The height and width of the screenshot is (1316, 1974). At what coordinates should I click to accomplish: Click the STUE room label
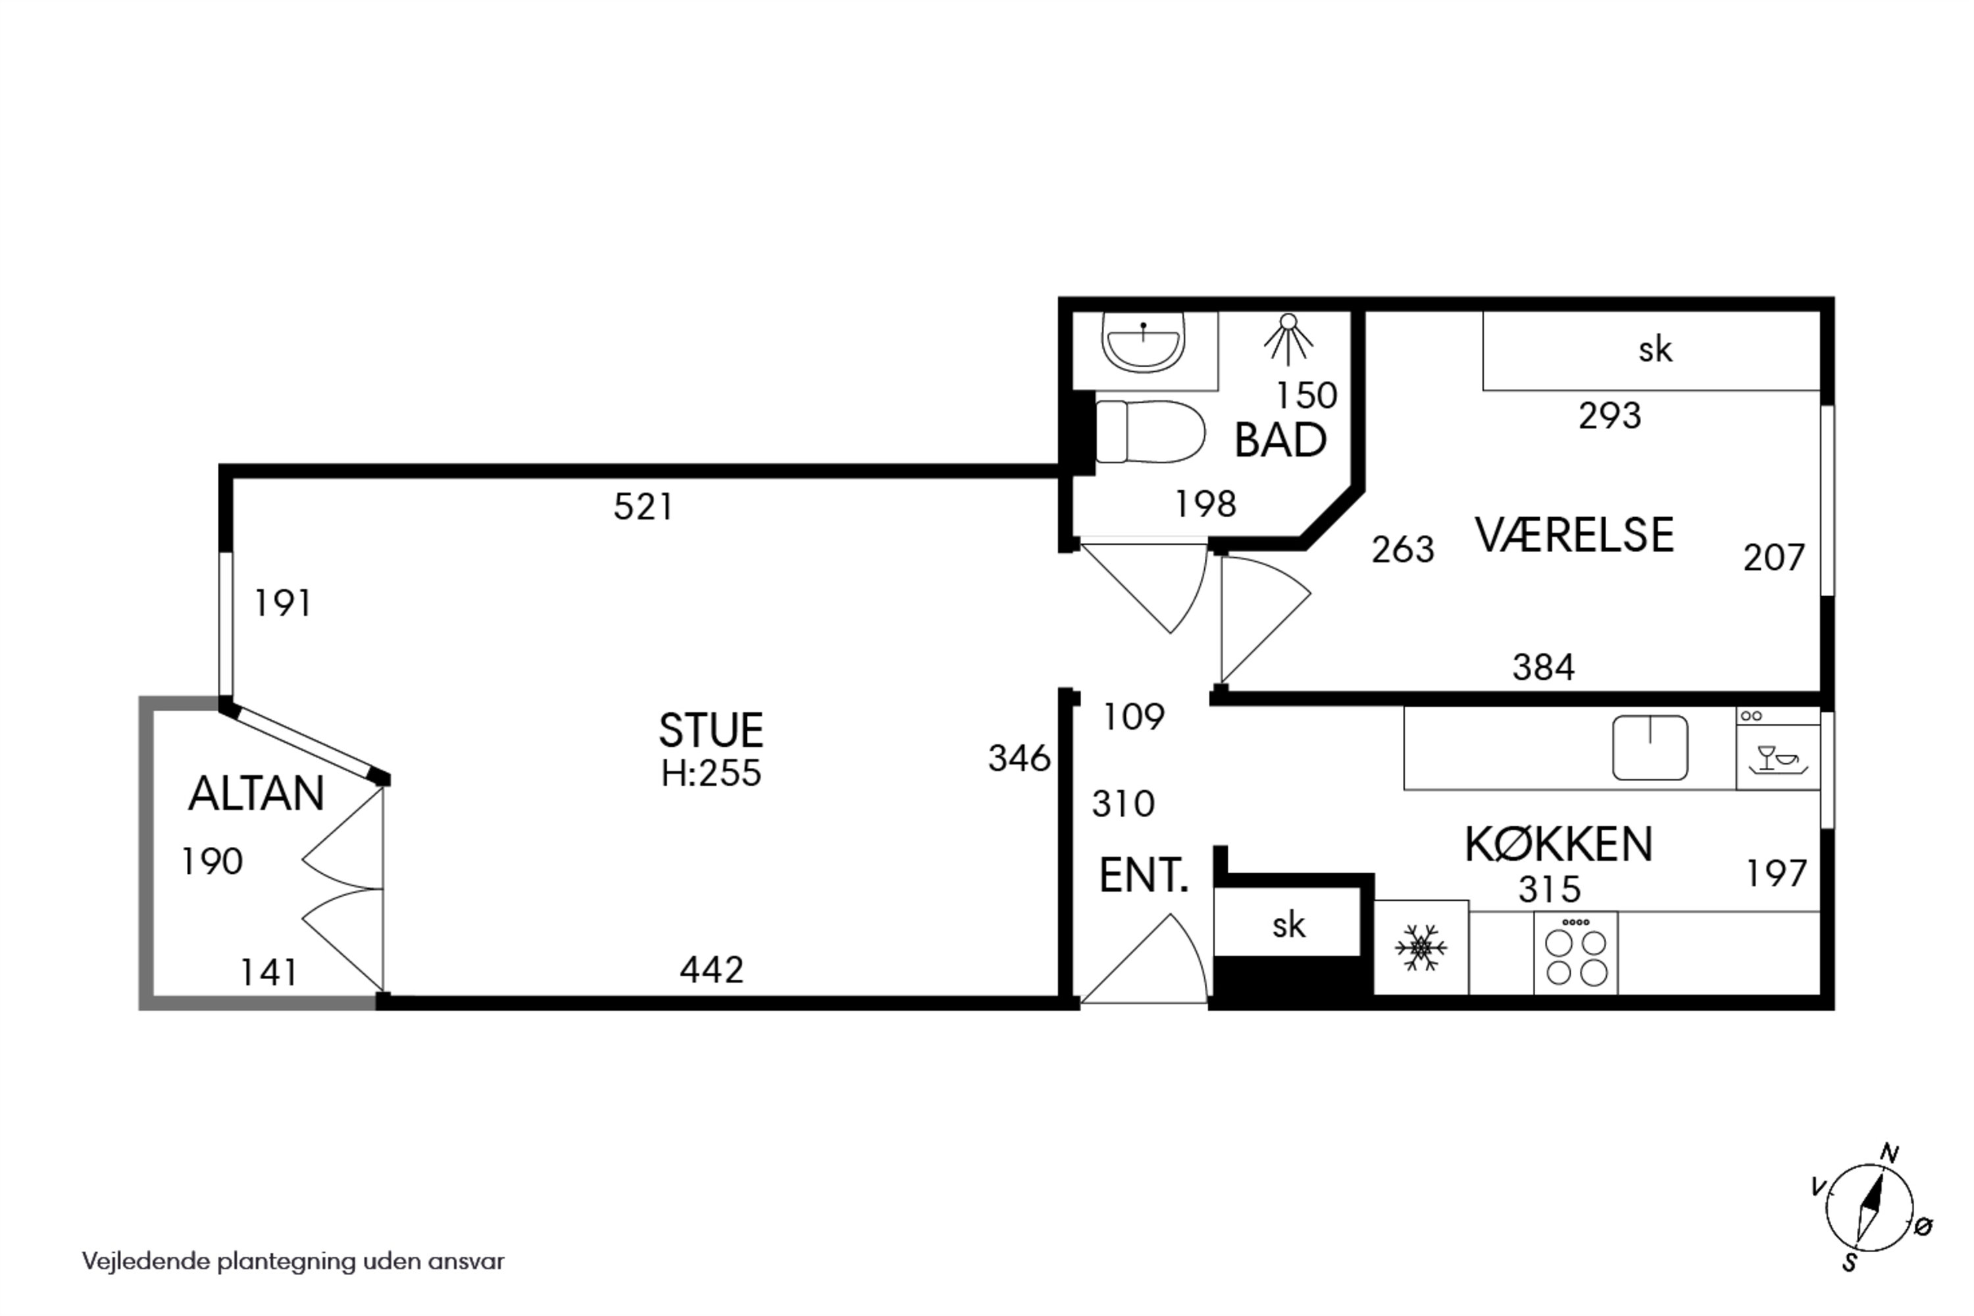pyautogui.click(x=711, y=730)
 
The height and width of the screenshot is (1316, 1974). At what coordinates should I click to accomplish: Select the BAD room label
pyautogui.click(x=1280, y=440)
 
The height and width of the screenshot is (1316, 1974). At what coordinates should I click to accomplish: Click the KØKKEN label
pyautogui.click(x=1559, y=844)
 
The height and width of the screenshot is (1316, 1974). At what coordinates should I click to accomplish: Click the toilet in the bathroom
pyautogui.click(x=1150, y=432)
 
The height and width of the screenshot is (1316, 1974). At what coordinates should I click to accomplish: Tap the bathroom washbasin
pyautogui.click(x=1142, y=342)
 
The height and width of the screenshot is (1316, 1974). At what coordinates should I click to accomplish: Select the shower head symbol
pyautogui.click(x=1288, y=339)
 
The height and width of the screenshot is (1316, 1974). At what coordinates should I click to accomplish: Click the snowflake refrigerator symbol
pyautogui.click(x=1421, y=948)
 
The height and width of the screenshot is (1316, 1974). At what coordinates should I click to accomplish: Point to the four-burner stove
pyautogui.click(x=1575, y=953)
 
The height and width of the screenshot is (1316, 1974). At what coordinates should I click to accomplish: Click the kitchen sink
pyautogui.click(x=1650, y=747)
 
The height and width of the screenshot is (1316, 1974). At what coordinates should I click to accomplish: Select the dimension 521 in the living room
pyautogui.click(x=643, y=507)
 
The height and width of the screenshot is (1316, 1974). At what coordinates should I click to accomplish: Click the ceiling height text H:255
pyautogui.click(x=711, y=774)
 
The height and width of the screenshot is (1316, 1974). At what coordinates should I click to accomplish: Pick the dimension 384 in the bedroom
pyautogui.click(x=1544, y=667)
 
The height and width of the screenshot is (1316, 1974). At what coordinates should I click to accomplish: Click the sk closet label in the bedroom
pyautogui.click(x=1655, y=349)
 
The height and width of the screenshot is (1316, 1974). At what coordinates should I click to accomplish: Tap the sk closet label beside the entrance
pyautogui.click(x=1288, y=925)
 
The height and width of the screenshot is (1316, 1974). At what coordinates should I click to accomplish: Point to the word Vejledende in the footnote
pyautogui.click(x=146, y=1261)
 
